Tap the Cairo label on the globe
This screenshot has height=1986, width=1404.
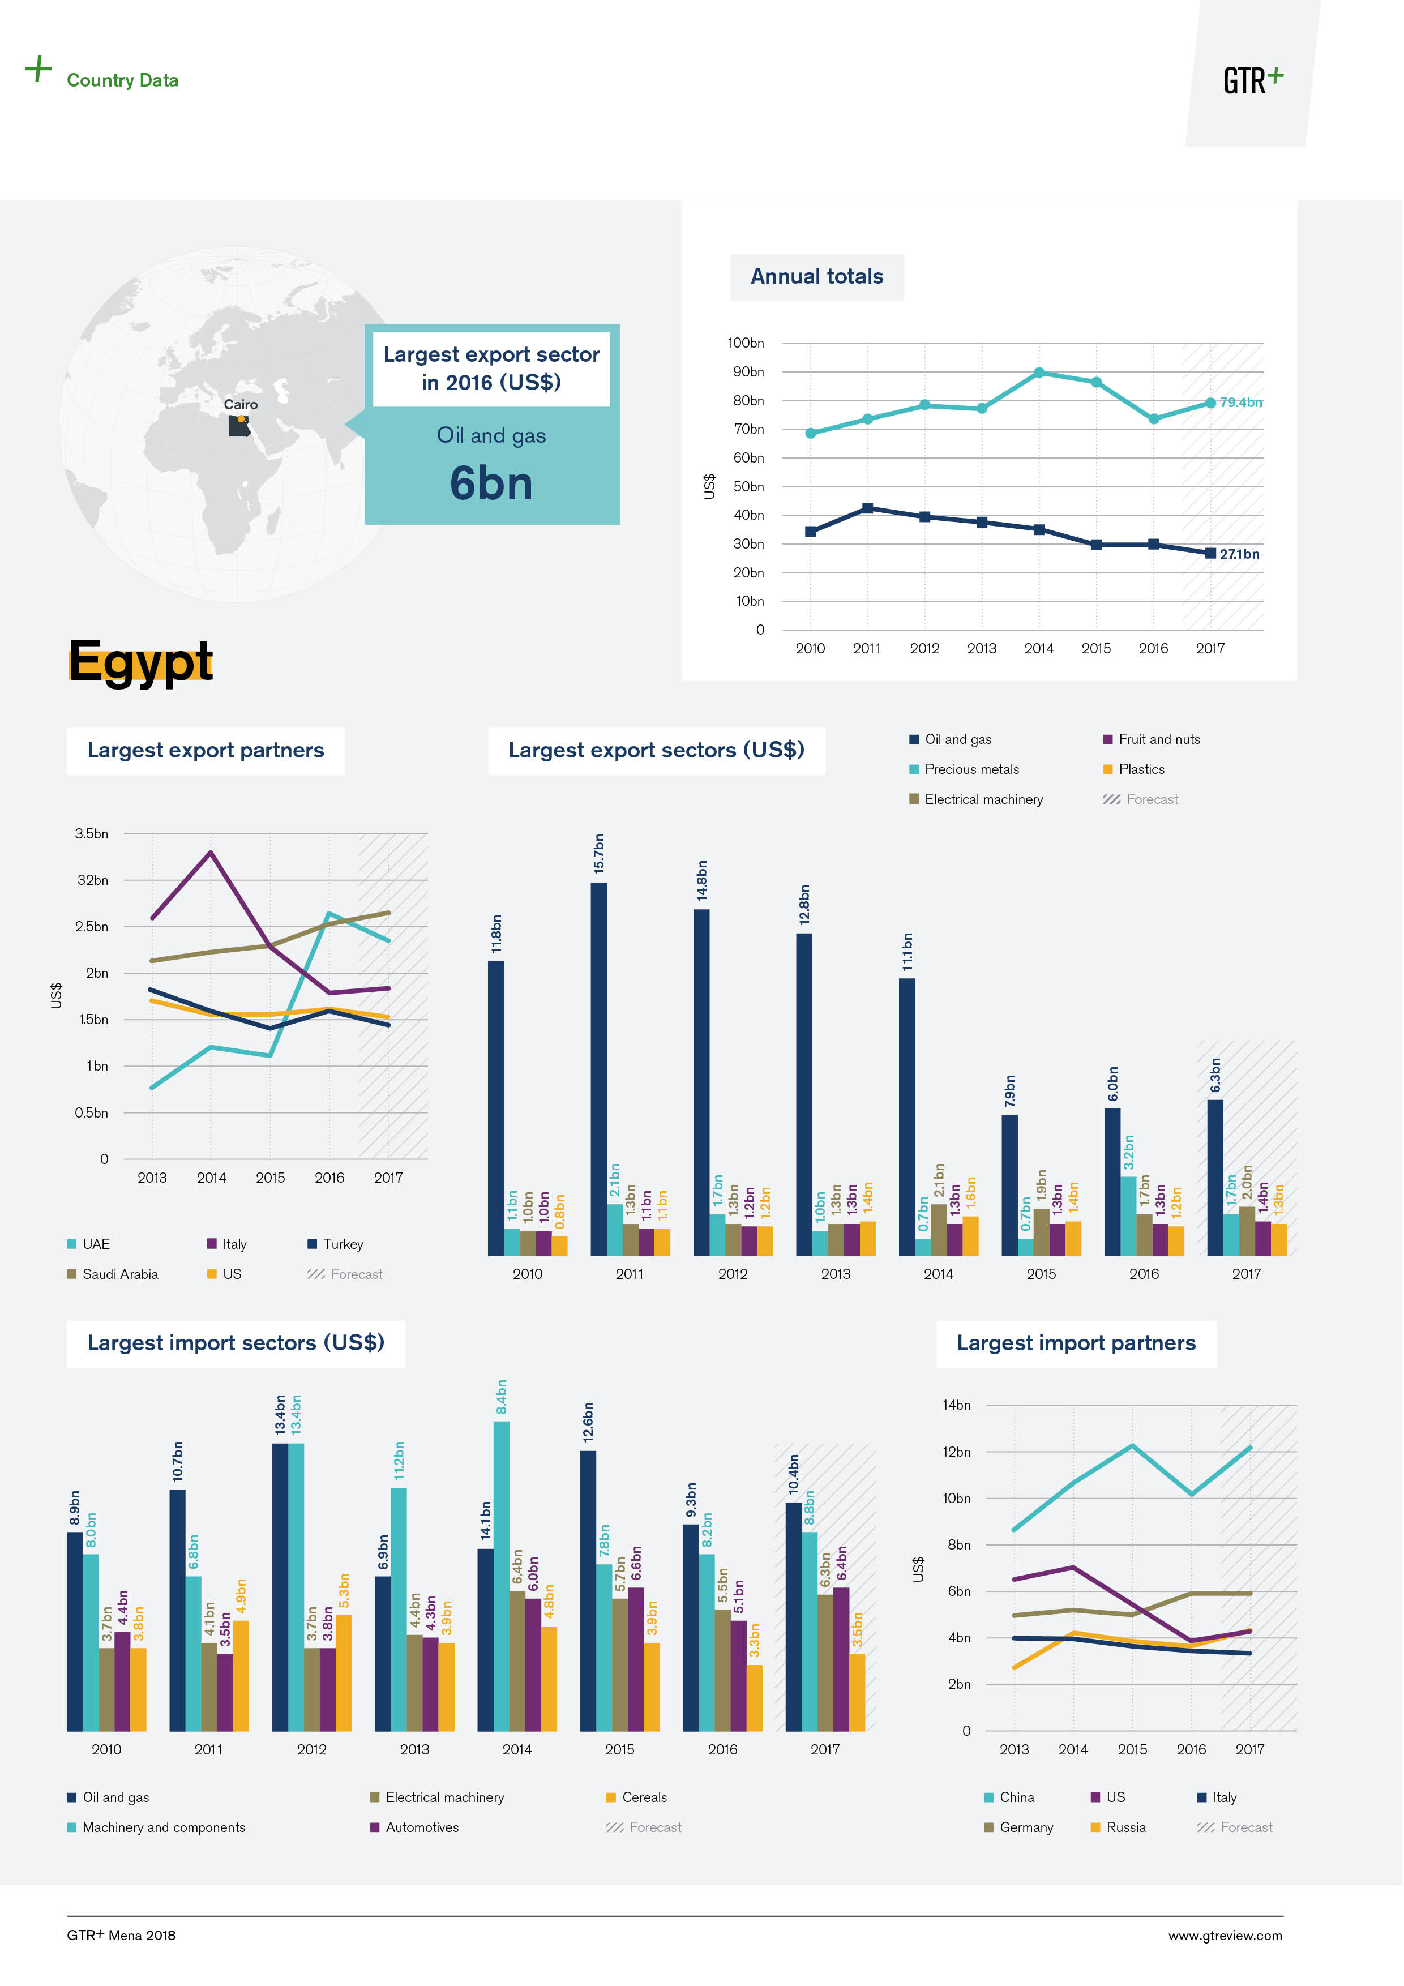[x=241, y=405]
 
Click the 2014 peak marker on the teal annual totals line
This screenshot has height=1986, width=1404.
[x=1039, y=373]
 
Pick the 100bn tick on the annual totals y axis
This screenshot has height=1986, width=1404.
[x=746, y=344]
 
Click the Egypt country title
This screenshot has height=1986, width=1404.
[x=140, y=662]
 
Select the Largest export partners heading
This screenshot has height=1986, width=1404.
[x=206, y=751]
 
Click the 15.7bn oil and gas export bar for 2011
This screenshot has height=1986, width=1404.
[x=598, y=1068]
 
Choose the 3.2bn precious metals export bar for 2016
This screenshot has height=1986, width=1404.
[x=1129, y=1215]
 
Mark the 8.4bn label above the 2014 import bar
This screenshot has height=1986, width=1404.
[x=502, y=1398]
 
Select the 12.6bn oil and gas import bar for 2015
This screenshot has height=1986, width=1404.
[x=588, y=1591]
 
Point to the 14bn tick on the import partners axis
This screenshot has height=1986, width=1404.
[x=957, y=1406]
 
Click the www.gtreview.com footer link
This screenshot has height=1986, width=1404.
[x=1225, y=1936]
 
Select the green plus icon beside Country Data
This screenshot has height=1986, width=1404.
[x=38, y=69]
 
